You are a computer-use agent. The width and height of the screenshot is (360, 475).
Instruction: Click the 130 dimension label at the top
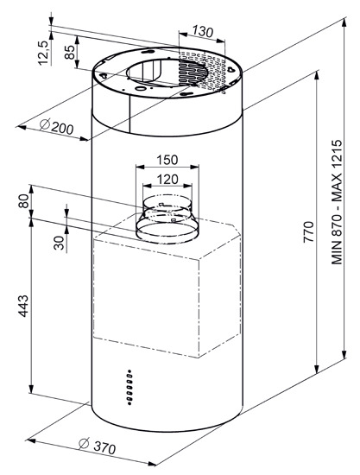(203, 31)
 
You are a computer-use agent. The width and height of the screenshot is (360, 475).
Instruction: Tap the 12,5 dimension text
(43, 53)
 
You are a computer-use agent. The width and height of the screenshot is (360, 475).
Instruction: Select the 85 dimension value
(69, 52)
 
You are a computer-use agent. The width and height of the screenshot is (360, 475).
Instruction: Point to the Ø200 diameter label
(57, 127)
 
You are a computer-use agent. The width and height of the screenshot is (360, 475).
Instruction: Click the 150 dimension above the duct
(167, 160)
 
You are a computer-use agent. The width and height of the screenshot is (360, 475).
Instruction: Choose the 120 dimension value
(167, 180)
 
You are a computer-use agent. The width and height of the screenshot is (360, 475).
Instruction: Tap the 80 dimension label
(23, 200)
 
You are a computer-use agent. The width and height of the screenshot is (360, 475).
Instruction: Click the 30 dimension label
(59, 243)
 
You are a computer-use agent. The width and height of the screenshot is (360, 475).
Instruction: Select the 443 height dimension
(23, 306)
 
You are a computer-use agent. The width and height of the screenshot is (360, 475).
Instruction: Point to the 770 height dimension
(308, 231)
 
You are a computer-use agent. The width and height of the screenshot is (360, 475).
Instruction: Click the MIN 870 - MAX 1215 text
(337, 202)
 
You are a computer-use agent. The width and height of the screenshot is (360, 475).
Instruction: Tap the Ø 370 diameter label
(97, 446)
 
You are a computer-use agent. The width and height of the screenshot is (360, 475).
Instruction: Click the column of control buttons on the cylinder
(129, 387)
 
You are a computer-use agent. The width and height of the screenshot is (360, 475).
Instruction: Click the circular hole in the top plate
(167, 73)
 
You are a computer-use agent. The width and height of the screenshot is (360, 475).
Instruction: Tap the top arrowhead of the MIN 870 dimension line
(344, 22)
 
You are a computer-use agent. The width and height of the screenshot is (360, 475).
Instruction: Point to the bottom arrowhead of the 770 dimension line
(317, 370)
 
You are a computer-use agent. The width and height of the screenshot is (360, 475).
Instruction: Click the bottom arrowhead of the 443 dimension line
(31, 389)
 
